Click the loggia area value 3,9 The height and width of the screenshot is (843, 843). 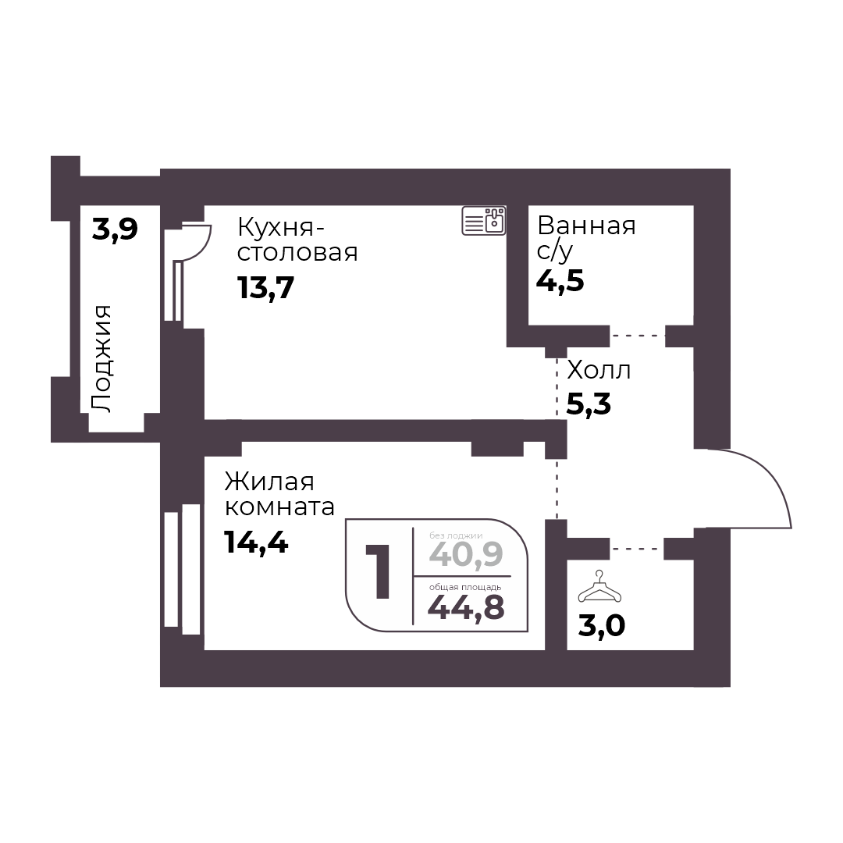[x=115, y=229]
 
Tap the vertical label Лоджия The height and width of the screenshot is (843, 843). [x=101, y=359]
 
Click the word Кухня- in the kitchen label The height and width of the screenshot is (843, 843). [x=281, y=227]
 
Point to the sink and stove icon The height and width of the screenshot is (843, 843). [x=484, y=220]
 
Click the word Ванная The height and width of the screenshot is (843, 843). [x=586, y=226]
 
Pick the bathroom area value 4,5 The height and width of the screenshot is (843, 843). [x=560, y=281]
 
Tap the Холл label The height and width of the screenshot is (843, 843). [x=599, y=370]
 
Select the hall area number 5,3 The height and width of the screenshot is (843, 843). [x=589, y=404]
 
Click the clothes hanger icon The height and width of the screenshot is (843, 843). [x=599, y=587]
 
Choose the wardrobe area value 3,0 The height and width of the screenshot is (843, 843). [x=602, y=626]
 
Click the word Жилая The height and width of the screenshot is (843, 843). [x=269, y=482]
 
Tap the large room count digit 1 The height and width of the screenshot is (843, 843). [x=379, y=571]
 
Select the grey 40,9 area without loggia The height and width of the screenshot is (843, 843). [x=466, y=554]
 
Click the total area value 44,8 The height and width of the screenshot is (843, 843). [x=466, y=606]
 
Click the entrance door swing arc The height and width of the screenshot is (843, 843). [x=772, y=475]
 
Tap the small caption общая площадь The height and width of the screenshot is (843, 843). [x=465, y=587]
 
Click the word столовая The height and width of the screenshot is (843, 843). [x=297, y=252]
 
